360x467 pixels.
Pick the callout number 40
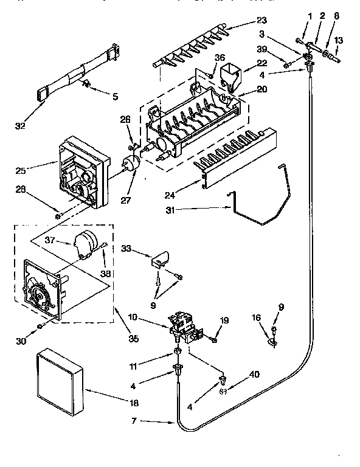[x=254, y=374]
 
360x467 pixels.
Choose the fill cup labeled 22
[x=230, y=75]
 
